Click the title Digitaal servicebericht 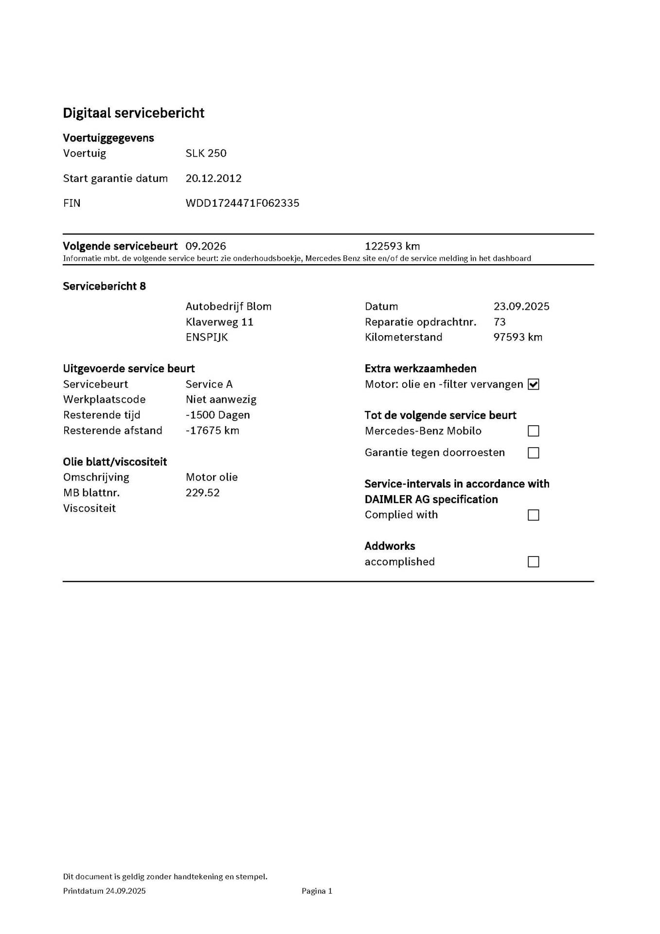tap(133, 113)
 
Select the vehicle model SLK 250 tap(206, 153)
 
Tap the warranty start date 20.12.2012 tap(214, 178)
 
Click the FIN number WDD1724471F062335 tap(242, 203)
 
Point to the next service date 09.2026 tap(206, 246)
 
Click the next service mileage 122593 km tap(392, 246)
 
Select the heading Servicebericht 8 tap(104, 286)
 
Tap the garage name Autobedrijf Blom tap(229, 306)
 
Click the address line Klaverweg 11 tap(219, 322)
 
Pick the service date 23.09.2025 tap(521, 306)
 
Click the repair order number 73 tap(499, 322)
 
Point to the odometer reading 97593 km tap(517, 337)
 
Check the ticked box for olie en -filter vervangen tap(534, 384)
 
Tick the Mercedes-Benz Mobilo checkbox tap(534, 431)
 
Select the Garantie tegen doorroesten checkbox tap(534, 453)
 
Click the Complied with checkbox tap(534, 515)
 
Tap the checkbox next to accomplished tap(534, 562)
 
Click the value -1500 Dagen tap(217, 415)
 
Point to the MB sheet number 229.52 tap(202, 493)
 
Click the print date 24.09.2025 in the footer tap(125, 891)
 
